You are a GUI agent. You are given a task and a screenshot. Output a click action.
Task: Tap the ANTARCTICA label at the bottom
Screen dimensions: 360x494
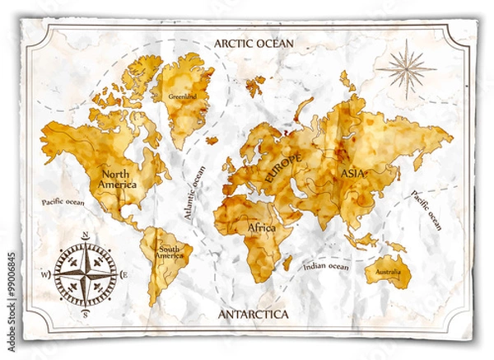click(253, 314)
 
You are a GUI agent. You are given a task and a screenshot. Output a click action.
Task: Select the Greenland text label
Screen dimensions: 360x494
click(181, 96)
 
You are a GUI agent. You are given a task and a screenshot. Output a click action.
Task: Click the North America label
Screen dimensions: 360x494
click(119, 179)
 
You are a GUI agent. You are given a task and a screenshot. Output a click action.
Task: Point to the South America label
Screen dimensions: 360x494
click(170, 252)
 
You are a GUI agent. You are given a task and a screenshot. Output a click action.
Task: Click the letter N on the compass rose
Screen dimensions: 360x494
click(86, 236)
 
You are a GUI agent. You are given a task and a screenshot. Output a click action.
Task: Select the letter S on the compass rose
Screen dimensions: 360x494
click(86, 312)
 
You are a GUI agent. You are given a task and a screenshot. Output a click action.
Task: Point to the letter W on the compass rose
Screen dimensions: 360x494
click(47, 275)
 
